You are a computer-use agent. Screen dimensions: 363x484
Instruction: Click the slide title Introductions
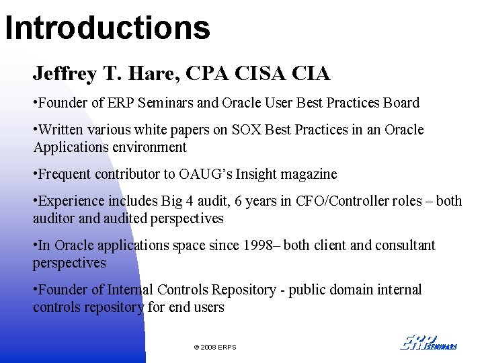108,28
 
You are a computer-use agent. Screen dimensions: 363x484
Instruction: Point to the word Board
401,103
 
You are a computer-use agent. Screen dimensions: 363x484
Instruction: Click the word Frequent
65,174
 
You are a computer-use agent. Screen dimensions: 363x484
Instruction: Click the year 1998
266,245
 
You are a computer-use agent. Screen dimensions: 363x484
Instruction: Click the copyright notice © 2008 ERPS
215,347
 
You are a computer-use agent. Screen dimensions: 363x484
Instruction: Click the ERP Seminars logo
429,342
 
